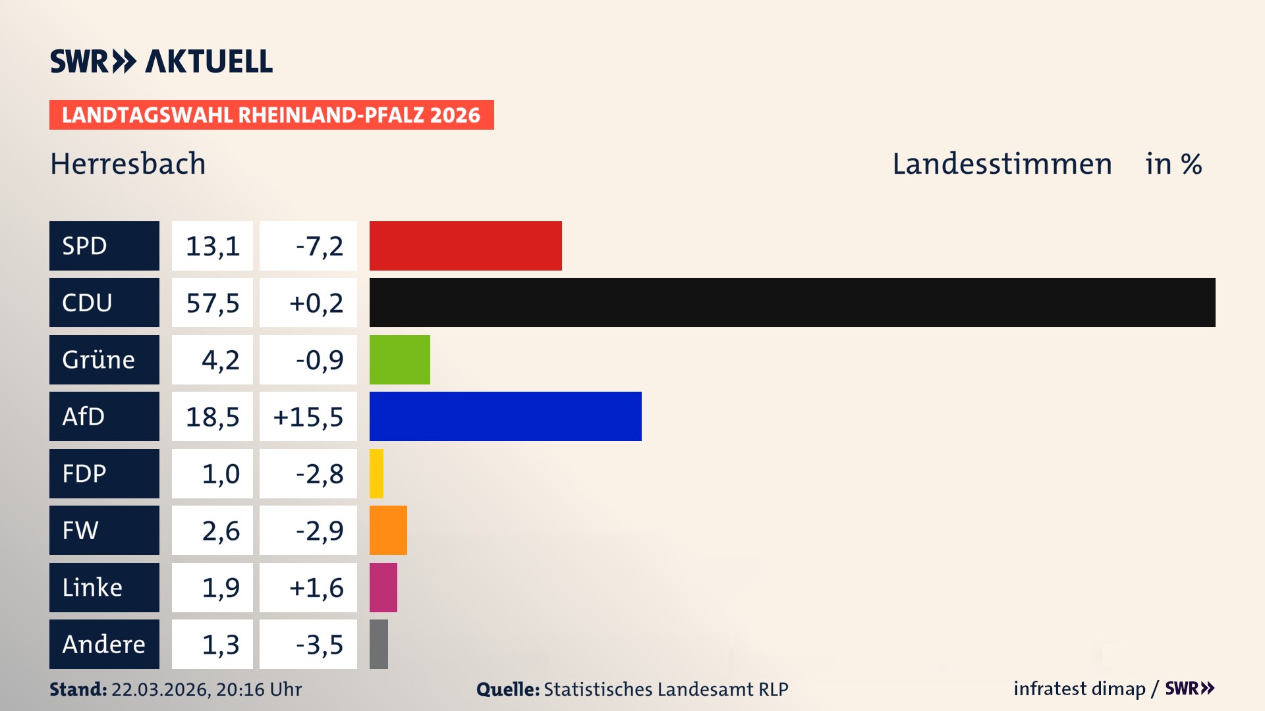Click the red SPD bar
465,246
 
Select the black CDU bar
792,302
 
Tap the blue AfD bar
505,416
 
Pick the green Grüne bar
399,359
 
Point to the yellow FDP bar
376,473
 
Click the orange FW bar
388,530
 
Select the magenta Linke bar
383,587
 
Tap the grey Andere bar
379,644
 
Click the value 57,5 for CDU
212,303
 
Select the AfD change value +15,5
308,417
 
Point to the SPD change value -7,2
319,246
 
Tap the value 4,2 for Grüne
220,360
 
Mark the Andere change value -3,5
319,645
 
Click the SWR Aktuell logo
161,61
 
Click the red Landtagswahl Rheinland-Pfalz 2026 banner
271,115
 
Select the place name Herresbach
128,164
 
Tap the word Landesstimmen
1001,164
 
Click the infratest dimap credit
1079,689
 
